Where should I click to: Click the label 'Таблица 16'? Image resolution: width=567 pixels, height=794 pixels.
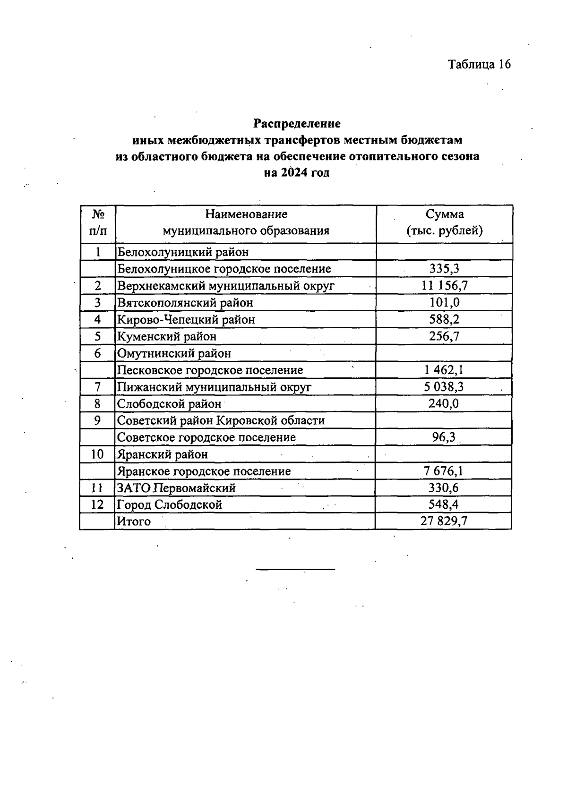pyautogui.click(x=479, y=64)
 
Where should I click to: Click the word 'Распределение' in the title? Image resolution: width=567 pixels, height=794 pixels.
pyautogui.click(x=297, y=124)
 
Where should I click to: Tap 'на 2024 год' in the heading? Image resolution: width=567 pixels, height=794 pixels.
pyautogui.click(x=297, y=173)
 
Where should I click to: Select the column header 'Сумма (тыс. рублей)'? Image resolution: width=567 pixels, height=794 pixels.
pyautogui.click(x=445, y=222)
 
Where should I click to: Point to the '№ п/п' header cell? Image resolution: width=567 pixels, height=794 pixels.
pyautogui.click(x=98, y=222)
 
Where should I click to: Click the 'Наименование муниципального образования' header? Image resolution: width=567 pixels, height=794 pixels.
pyautogui.click(x=246, y=222)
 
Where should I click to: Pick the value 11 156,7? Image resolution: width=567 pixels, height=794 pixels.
pyautogui.click(x=444, y=285)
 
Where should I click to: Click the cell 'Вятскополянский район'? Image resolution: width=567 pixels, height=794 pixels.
pyautogui.click(x=185, y=302)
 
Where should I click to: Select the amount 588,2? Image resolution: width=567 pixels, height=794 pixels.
pyautogui.click(x=444, y=319)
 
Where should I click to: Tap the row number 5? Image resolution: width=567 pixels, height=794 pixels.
pyautogui.click(x=98, y=336)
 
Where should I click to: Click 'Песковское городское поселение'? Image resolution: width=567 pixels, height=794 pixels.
pyautogui.click(x=210, y=370)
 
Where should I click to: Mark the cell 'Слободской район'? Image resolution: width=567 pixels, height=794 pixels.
pyautogui.click(x=169, y=404)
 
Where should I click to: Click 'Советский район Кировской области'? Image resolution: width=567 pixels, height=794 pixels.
pyautogui.click(x=221, y=420)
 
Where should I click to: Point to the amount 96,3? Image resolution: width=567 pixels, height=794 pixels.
pyautogui.click(x=444, y=437)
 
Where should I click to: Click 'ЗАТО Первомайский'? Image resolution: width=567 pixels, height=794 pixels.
pyautogui.click(x=176, y=487)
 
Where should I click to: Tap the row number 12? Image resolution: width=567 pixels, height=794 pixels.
pyautogui.click(x=97, y=504)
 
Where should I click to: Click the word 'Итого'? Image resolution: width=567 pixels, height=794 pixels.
pyautogui.click(x=134, y=521)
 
